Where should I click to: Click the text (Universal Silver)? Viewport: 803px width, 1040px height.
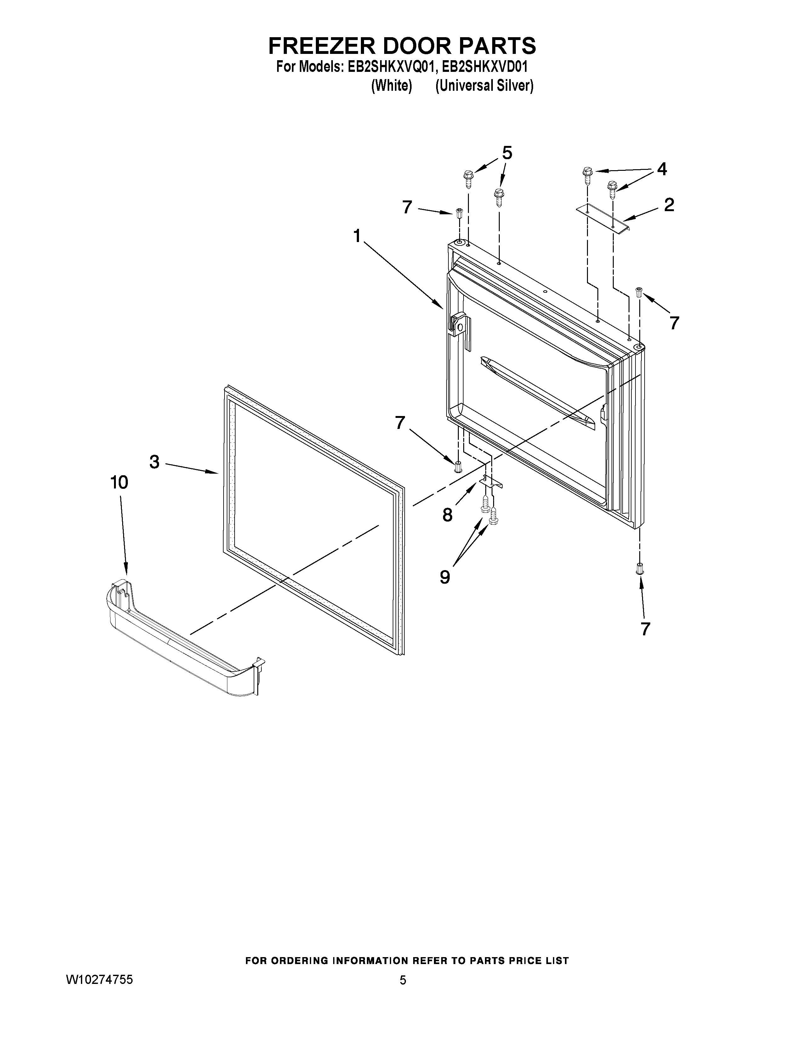point(484,86)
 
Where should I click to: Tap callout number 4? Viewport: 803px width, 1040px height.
point(662,169)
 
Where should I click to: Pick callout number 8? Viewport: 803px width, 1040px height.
point(447,515)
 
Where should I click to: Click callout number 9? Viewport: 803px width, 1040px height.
point(445,577)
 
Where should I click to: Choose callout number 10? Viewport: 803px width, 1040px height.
point(119,482)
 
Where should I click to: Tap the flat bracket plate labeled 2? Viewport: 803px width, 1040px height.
point(602,218)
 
